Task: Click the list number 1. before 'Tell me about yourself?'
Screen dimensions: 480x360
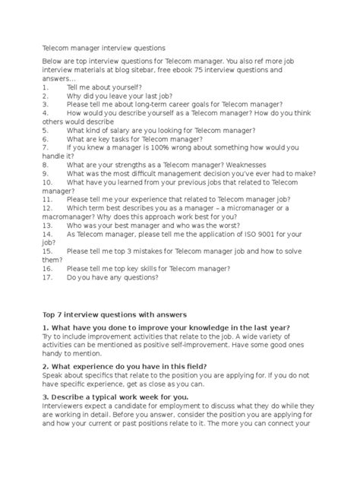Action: (46, 88)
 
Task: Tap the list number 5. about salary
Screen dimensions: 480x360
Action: (46, 131)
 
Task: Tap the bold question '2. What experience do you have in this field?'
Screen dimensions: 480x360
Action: (125, 366)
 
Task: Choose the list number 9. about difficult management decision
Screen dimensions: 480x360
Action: (46, 173)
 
